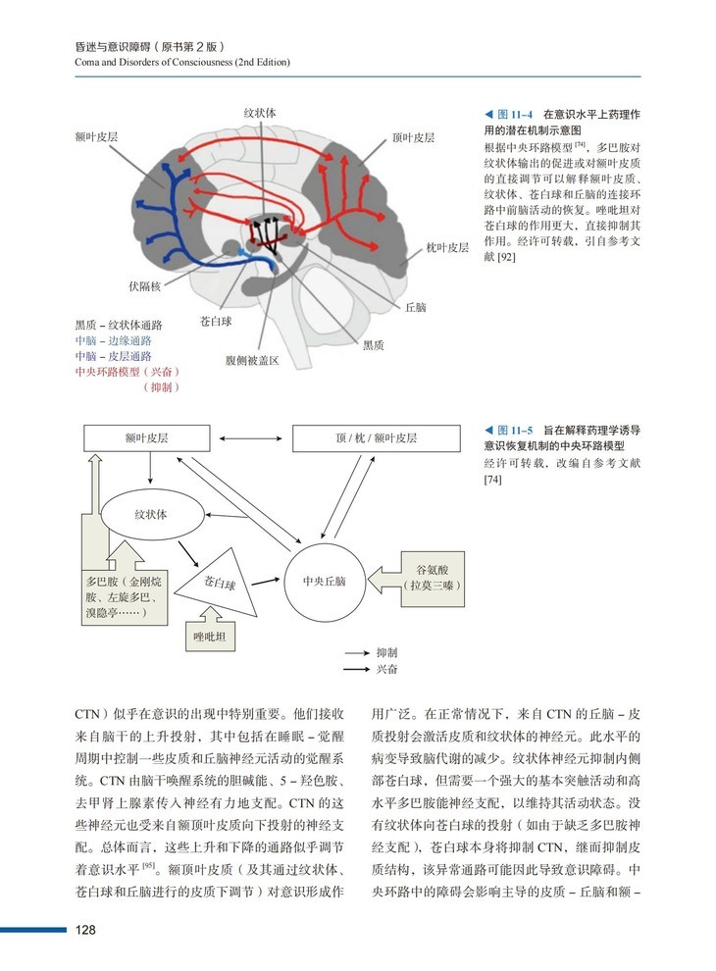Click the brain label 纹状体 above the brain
point(259,114)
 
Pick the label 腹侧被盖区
point(252,361)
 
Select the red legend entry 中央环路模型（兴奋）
point(127,372)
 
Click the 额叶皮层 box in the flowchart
point(148,438)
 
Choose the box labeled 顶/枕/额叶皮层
point(377,438)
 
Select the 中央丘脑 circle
point(325,581)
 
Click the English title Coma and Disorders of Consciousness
point(181,62)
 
